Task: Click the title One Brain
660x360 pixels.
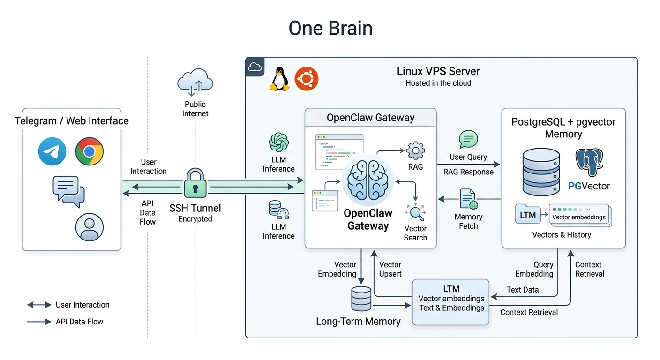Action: click(330, 29)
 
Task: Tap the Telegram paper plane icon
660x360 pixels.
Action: click(52, 151)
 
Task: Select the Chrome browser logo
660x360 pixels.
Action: click(90, 151)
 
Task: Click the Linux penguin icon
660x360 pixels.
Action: click(279, 78)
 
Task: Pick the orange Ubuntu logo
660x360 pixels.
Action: click(307, 78)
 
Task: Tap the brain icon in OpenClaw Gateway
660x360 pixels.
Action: click(368, 180)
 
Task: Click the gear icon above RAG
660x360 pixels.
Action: click(415, 151)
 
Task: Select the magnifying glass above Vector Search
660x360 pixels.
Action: click(415, 213)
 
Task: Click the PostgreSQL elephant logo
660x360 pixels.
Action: click(589, 164)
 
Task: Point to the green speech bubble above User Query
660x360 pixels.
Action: click(468, 139)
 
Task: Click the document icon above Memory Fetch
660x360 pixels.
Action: click(468, 199)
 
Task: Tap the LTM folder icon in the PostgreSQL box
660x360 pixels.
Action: click(528, 215)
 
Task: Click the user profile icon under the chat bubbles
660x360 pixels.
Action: click(89, 227)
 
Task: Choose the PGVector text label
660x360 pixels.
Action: click(589, 186)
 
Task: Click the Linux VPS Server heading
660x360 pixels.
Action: click(438, 71)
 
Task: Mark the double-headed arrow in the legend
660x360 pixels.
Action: click(39, 305)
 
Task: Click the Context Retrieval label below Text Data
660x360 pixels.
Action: click(529, 312)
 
